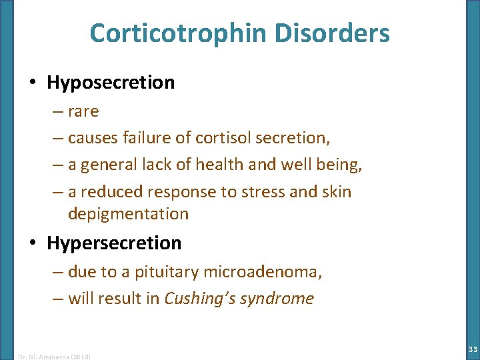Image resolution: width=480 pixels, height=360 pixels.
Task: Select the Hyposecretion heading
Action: [x=111, y=83]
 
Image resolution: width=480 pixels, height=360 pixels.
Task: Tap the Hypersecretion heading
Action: [x=114, y=243]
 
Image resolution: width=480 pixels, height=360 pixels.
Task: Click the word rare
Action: [x=83, y=111]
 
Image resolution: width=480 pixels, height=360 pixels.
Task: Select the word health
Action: [x=241, y=165]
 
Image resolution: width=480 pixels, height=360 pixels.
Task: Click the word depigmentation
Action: [x=128, y=214]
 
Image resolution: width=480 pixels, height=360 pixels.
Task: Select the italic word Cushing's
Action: [x=196, y=299]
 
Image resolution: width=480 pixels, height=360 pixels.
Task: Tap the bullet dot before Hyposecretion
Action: [x=32, y=83]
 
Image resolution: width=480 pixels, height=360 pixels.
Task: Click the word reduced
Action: [x=111, y=192]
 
